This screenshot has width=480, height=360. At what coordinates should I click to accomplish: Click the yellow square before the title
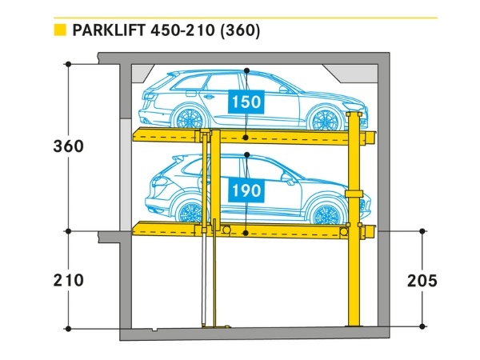[58, 31]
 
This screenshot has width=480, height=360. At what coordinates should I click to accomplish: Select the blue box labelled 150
[246, 102]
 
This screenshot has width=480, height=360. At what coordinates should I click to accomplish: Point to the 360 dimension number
[68, 146]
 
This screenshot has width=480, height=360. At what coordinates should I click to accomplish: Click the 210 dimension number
[68, 280]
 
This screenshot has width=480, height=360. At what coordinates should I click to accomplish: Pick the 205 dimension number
[422, 280]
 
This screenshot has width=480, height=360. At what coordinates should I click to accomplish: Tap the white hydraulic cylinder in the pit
[205, 280]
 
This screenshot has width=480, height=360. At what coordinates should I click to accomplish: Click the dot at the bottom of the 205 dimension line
[422, 326]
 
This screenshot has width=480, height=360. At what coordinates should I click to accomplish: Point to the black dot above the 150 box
[247, 70]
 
